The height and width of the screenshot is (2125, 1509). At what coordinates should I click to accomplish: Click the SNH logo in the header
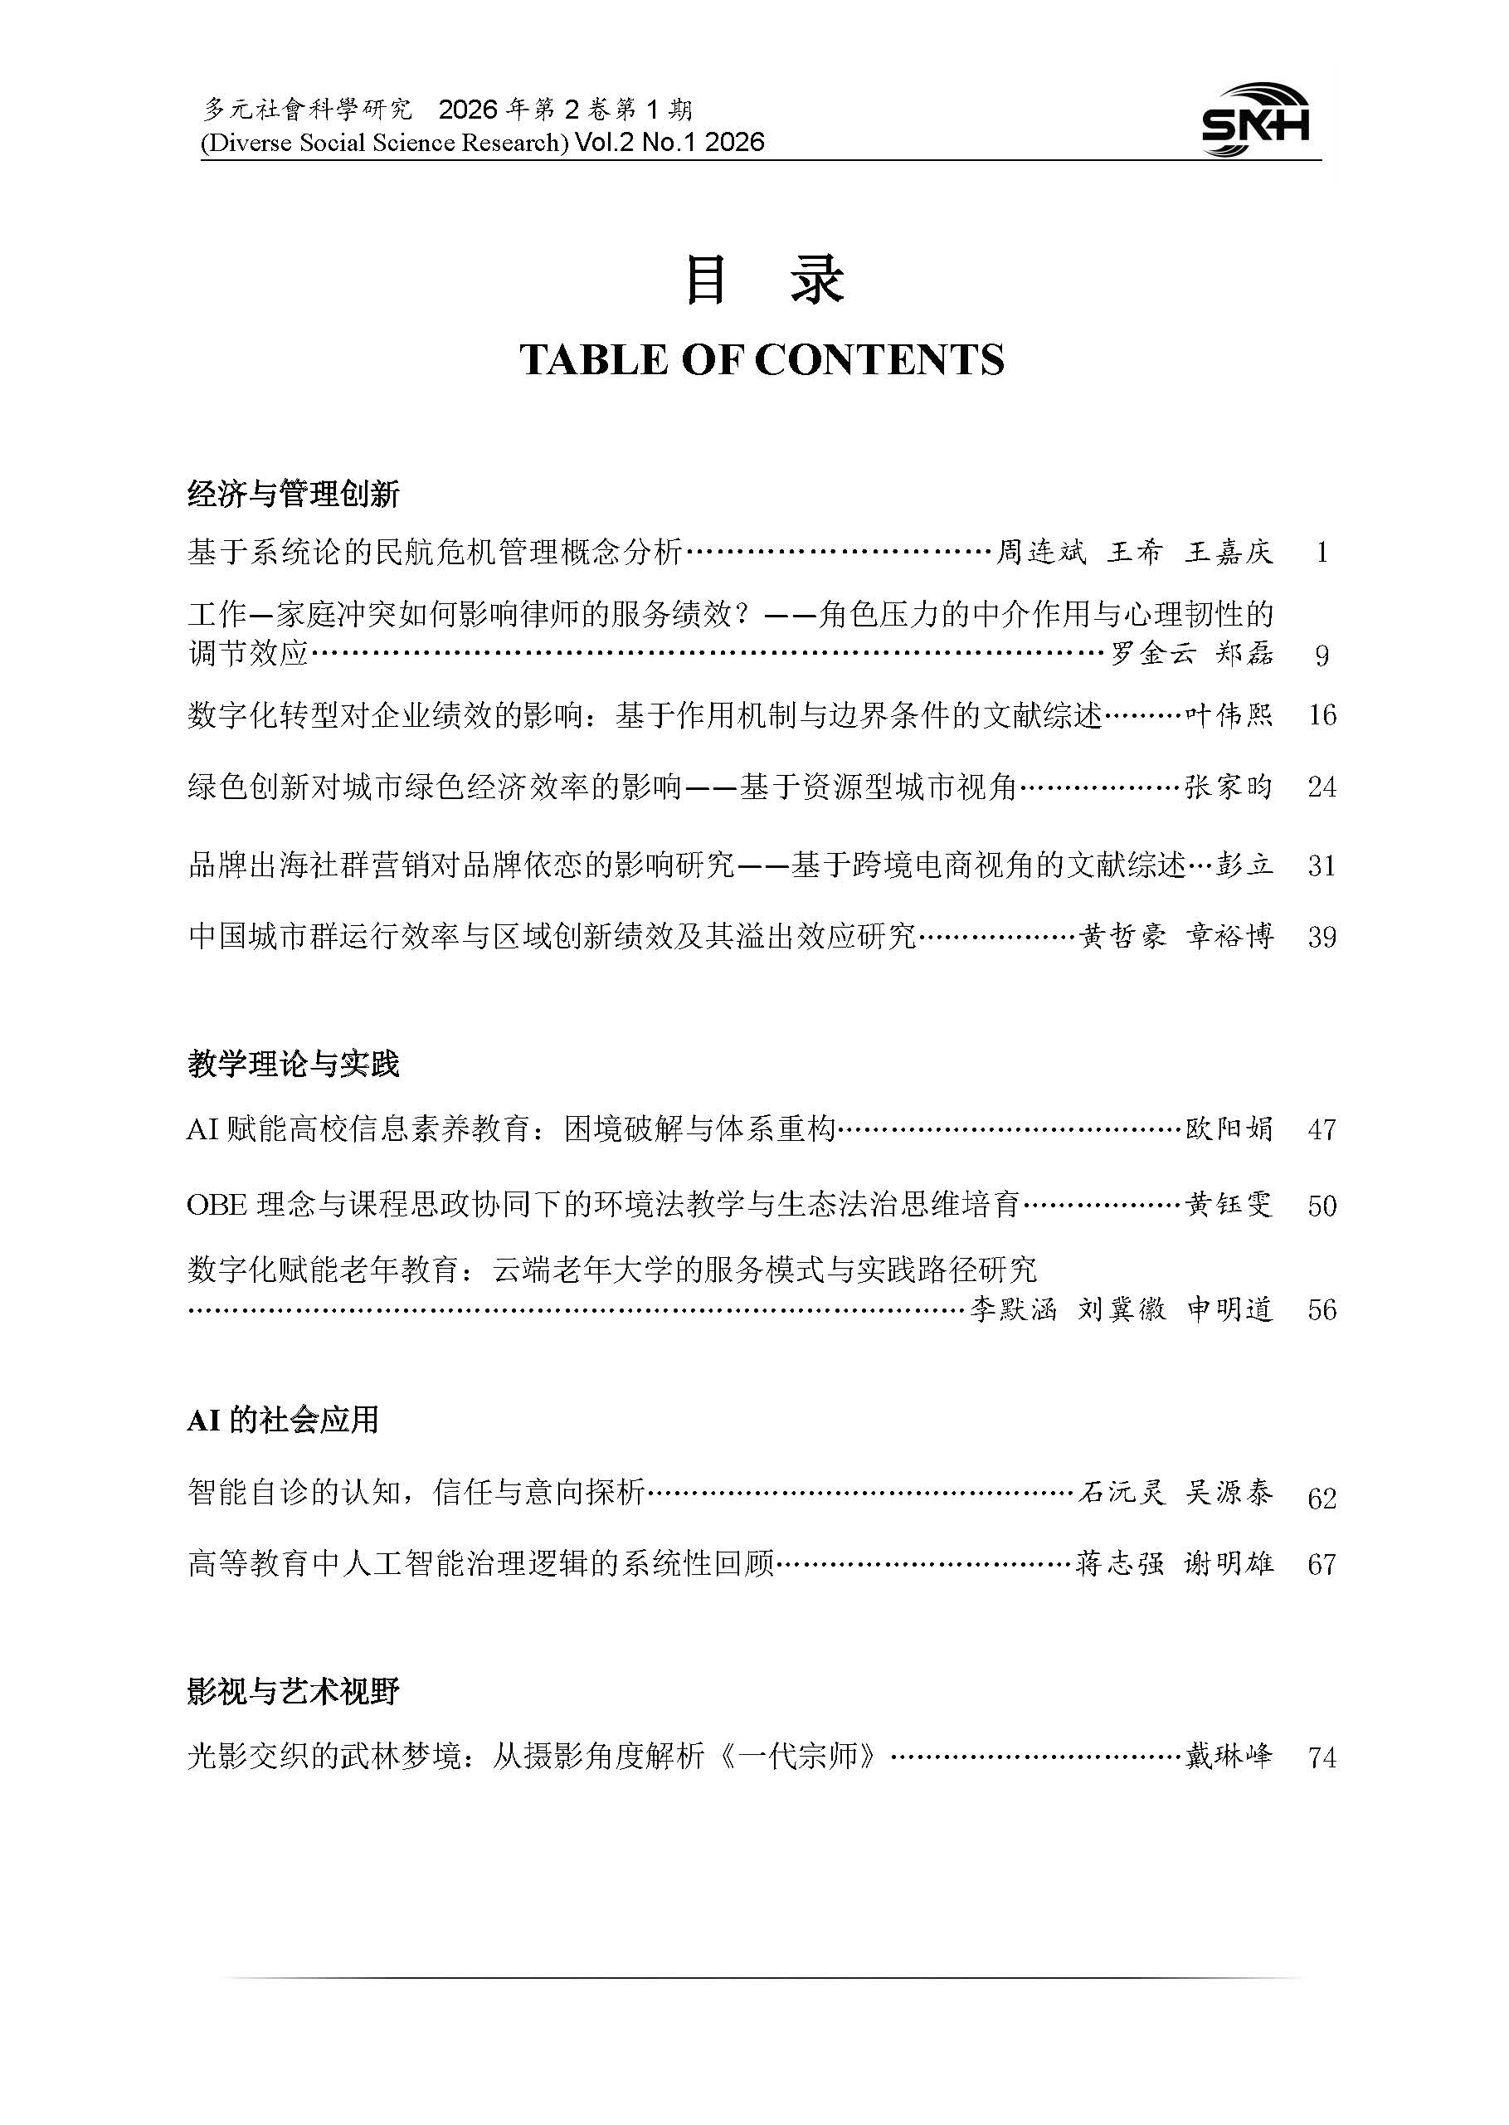coord(1256,121)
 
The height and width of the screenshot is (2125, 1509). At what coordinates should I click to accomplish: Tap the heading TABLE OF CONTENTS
coord(762,360)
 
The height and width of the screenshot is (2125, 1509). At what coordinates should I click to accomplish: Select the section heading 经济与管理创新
coord(294,495)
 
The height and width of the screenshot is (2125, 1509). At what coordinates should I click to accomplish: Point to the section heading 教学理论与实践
coord(294,1063)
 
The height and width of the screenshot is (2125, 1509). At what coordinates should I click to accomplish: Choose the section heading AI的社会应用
coord(284,1420)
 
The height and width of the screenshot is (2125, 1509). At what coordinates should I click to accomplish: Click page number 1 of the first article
coord(1322,553)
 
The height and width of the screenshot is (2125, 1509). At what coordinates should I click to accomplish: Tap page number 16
coord(1322,715)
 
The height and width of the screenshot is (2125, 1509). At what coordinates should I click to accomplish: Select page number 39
coord(1322,937)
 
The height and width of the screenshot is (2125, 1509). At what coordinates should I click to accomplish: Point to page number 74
coord(1322,1758)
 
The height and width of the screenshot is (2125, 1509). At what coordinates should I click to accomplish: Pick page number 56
coord(1322,1310)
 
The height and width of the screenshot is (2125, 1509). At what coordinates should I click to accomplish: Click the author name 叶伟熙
coord(1229,715)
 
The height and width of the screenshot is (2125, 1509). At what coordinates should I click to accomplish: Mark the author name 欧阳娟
coord(1229,1130)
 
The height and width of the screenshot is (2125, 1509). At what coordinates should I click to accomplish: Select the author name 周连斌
coord(1040,553)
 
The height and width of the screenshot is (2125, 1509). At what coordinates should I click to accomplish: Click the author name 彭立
coord(1244,866)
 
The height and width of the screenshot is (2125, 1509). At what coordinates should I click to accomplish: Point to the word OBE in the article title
coord(217,1205)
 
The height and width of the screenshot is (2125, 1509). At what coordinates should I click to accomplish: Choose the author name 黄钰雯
coord(1229,1205)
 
